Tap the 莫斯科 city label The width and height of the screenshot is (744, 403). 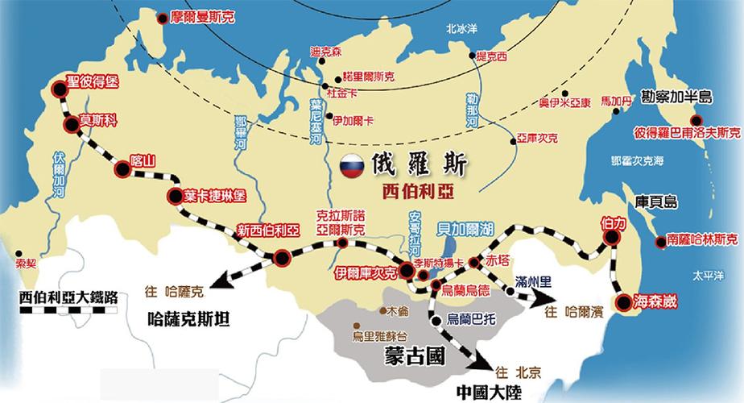tap(98, 121)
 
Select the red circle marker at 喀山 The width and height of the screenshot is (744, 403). tap(122, 168)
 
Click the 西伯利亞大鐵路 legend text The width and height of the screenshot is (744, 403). tap(68, 296)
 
